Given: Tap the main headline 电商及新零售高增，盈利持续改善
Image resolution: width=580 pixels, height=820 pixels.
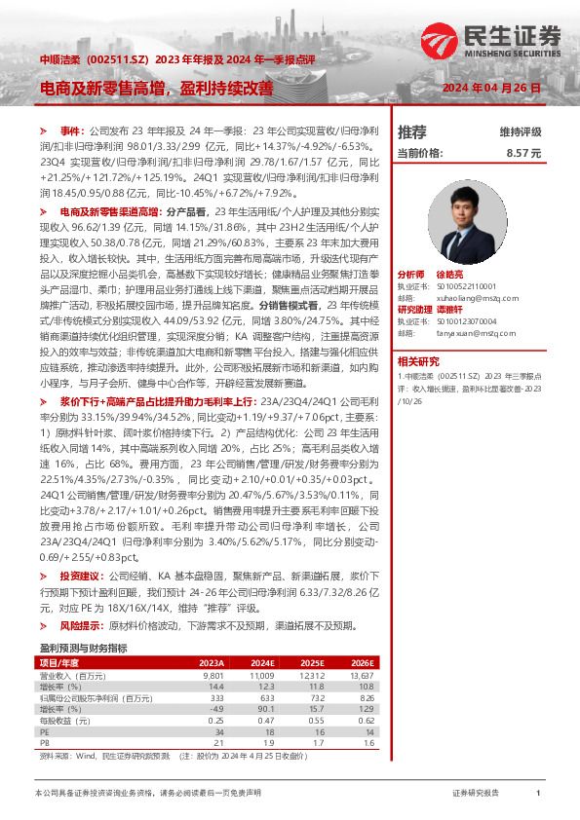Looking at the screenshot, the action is click(156, 88).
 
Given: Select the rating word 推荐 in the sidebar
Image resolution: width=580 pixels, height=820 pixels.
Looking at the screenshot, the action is click(412, 131).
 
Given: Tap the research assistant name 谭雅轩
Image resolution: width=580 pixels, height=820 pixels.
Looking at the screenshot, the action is click(475, 310).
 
